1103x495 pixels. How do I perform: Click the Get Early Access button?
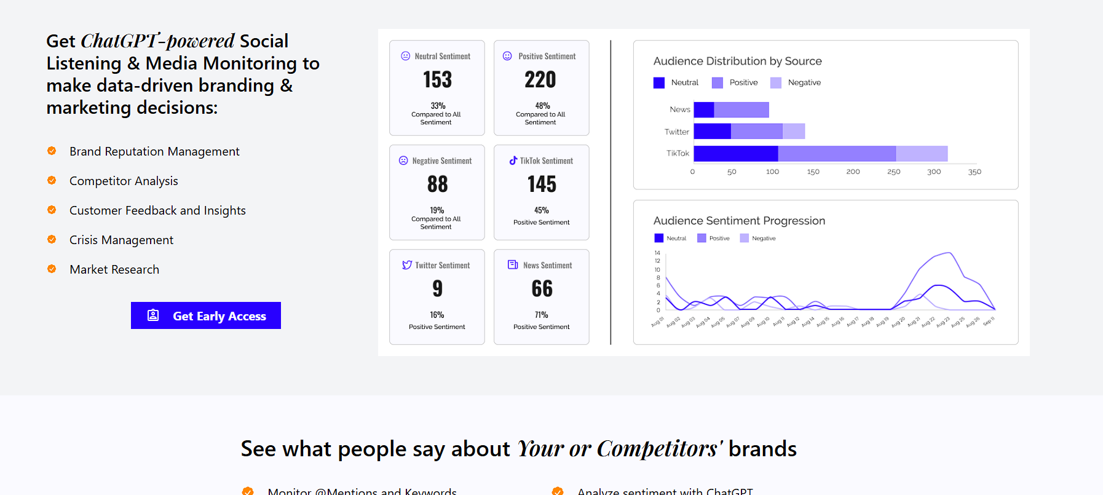(x=206, y=315)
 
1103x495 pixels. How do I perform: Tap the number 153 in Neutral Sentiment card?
(x=437, y=80)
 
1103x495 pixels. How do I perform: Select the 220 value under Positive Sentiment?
(x=540, y=80)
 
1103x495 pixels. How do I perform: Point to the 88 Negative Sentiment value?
(x=437, y=184)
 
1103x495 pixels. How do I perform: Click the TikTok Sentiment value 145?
(x=542, y=184)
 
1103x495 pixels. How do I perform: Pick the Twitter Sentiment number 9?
(x=437, y=289)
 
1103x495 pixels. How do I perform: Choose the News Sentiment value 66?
(x=542, y=289)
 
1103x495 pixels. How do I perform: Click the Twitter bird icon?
(x=407, y=265)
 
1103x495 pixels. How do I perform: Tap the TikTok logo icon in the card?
(x=513, y=160)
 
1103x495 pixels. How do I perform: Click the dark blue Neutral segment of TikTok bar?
(x=736, y=154)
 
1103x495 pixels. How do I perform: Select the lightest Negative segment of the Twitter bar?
(x=794, y=131)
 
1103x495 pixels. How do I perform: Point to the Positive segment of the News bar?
(x=741, y=109)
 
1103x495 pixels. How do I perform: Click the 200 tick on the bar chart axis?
(x=853, y=172)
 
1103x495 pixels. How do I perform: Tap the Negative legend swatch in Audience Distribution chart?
(x=776, y=83)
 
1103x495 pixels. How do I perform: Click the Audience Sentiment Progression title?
(x=739, y=221)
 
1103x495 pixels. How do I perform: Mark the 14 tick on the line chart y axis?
(x=657, y=253)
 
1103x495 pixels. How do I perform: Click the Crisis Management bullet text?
(x=121, y=240)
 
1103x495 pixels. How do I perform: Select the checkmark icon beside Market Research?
(x=52, y=269)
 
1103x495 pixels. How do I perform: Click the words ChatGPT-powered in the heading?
(x=157, y=41)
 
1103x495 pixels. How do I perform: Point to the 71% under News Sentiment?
(x=541, y=315)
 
